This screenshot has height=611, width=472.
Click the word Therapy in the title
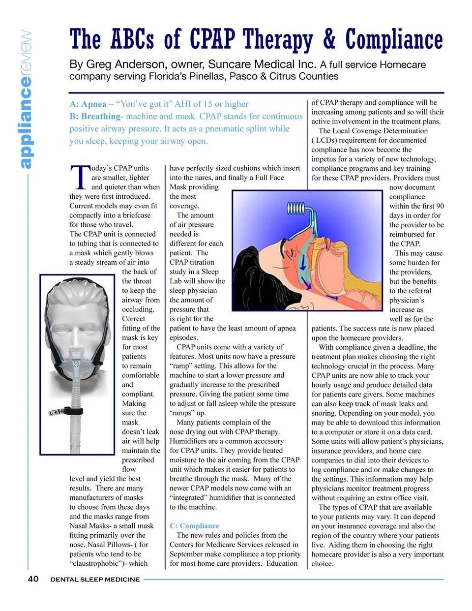(278, 40)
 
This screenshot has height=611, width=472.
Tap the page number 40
(33, 579)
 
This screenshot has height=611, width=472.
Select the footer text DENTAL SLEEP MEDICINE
(95, 580)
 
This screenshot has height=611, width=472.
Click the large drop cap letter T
(80, 177)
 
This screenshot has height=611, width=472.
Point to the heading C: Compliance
(194, 525)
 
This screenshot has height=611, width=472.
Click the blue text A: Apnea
(88, 104)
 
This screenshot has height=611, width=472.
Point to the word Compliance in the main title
(394, 40)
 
